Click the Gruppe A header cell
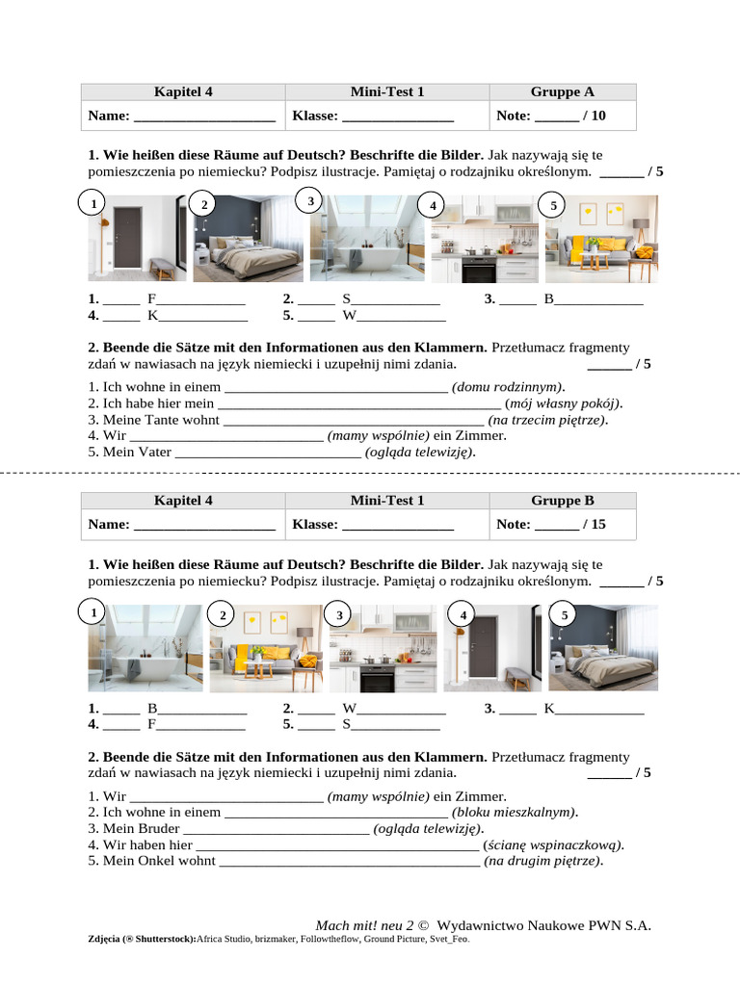(562, 92)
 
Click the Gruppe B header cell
(562, 501)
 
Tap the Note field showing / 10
(562, 117)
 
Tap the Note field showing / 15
(562, 525)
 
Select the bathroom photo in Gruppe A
(366, 238)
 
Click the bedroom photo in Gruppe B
(603, 648)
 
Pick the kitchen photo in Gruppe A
(485, 238)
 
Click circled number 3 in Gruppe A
(309, 201)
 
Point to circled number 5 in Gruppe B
(565, 614)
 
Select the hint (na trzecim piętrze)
(547, 420)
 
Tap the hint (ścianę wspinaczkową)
(553, 844)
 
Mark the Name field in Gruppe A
(182, 117)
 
